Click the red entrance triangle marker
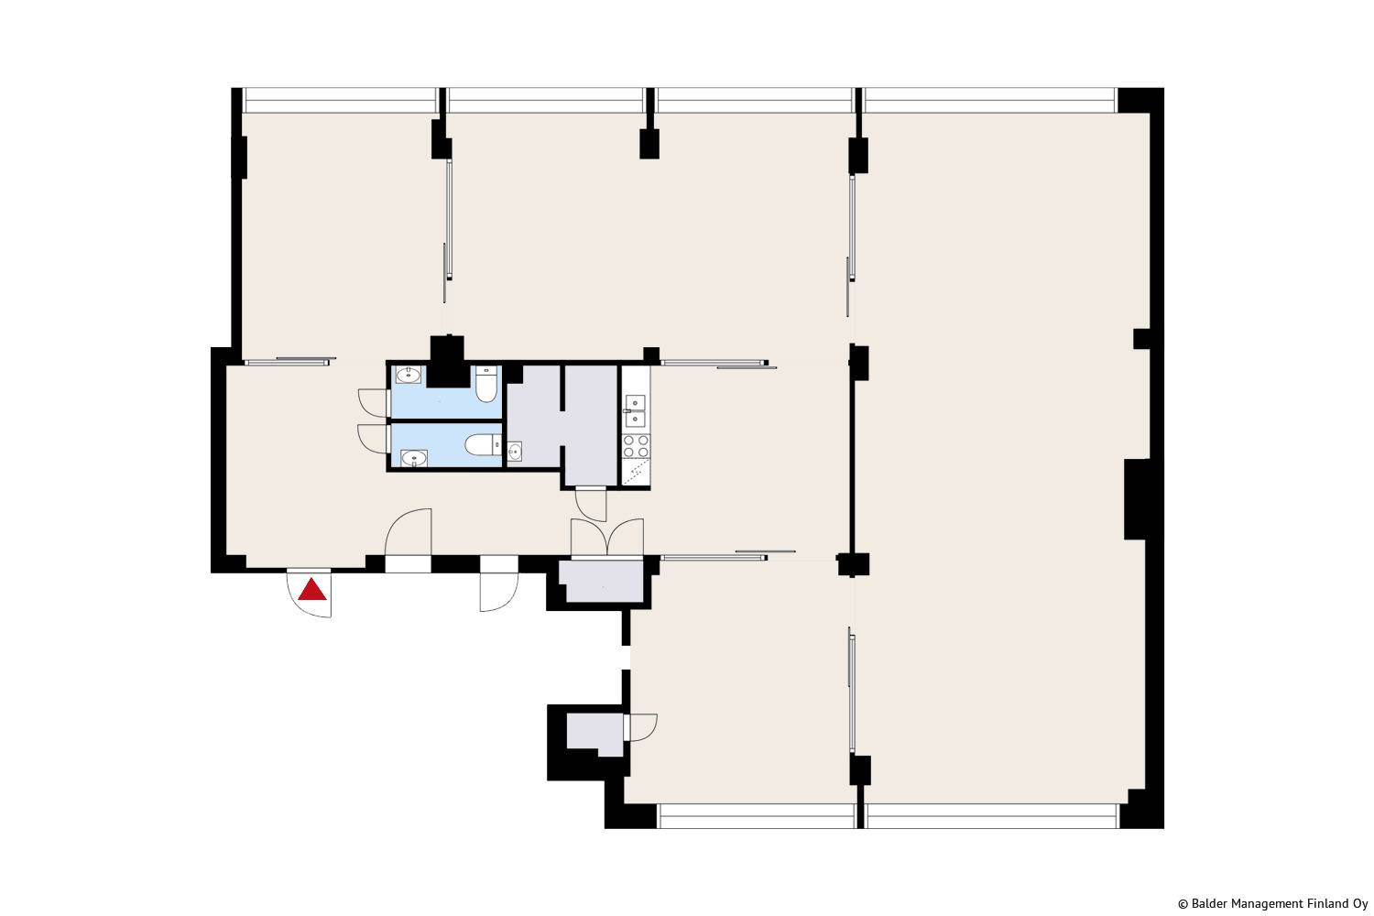tap(311, 589)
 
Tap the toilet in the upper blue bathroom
tap(485, 384)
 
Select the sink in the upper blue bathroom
tap(408, 375)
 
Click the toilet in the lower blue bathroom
tap(484, 445)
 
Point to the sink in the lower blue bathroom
tap(414, 458)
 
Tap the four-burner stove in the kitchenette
tap(636, 446)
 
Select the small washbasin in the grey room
tap(515, 452)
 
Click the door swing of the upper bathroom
tap(372, 402)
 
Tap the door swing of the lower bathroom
tap(372, 439)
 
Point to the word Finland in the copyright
tap(1328, 904)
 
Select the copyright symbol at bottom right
tap(1183, 904)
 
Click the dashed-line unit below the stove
tap(636, 473)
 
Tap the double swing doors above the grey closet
tap(607, 538)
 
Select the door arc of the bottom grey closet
tap(641, 727)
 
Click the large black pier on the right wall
tap(1136, 499)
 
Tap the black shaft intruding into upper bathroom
tap(447, 362)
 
